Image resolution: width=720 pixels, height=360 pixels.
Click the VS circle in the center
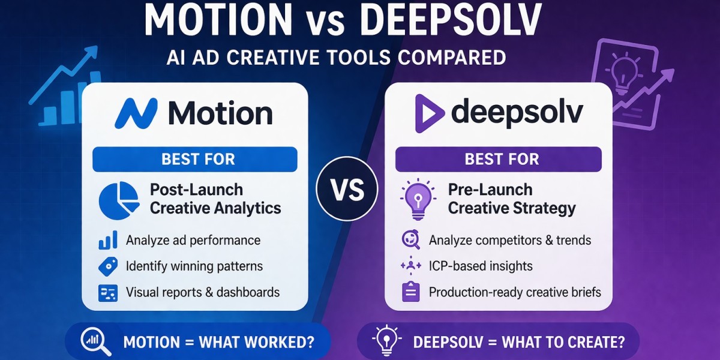click(x=347, y=190)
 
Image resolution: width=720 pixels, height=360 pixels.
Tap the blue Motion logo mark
click(x=136, y=113)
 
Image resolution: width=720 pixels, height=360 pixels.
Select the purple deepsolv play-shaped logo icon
click(x=430, y=113)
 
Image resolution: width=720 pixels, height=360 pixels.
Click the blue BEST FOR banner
click(x=195, y=160)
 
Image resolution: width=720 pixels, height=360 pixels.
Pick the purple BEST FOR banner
click(x=498, y=160)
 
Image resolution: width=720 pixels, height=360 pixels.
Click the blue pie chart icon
click(x=116, y=200)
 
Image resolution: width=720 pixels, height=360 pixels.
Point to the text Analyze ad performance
click(x=193, y=241)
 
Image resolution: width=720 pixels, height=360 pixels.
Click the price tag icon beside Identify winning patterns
click(x=108, y=266)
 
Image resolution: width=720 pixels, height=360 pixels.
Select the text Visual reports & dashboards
click(x=203, y=293)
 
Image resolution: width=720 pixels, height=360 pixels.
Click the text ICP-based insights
click(x=481, y=266)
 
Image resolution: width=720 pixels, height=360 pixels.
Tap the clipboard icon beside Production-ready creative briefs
click(x=410, y=293)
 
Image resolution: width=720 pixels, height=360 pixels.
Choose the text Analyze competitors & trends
click(x=510, y=241)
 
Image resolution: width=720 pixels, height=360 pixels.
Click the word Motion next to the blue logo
click(x=220, y=113)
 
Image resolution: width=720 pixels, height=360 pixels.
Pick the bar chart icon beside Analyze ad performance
click(x=108, y=241)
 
